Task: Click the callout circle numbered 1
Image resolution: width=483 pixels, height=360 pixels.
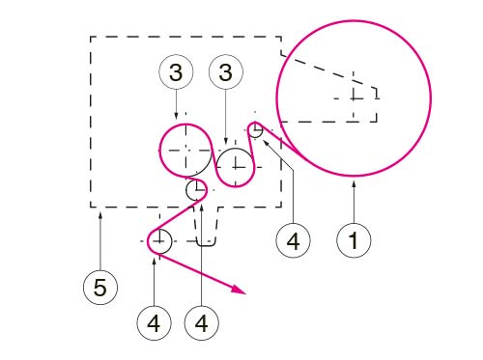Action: click(x=354, y=240)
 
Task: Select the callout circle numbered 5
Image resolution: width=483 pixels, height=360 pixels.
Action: click(x=100, y=288)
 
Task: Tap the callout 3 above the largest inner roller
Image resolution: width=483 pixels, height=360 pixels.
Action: click(x=176, y=72)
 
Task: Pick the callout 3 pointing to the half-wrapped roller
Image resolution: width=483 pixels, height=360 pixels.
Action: click(x=225, y=72)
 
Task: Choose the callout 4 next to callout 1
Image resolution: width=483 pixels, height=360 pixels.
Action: click(x=293, y=240)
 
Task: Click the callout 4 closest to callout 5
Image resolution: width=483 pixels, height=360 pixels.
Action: click(x=154, y=323)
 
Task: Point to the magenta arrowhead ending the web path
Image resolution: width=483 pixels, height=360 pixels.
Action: click(x=239, y=289)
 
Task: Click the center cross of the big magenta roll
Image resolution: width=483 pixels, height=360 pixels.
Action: click(x=354, y=98)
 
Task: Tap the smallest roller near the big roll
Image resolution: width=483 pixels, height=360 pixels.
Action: click(x=256, y=130)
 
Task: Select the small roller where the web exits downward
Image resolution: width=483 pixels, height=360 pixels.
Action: click(x=159, y=241)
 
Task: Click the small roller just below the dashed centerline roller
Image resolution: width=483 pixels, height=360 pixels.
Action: click(x=196, y=190)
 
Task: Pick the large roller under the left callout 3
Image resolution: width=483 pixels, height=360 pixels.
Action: click(x=185, y=151)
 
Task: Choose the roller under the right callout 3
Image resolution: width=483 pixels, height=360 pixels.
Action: click(x=236, y=167)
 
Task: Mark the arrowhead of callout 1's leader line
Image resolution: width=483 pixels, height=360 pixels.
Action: click(x=354, y=184)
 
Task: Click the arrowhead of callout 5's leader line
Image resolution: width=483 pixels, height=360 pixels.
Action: click(x=100, y=215)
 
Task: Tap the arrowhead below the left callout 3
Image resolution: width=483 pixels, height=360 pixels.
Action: click(x=176, y=116)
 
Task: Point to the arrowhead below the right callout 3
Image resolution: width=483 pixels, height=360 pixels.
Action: click(x=225, y=141)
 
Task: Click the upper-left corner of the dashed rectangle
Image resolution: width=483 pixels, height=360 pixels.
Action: click(x=91, y=37)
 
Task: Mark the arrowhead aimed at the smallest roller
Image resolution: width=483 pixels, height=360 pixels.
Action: click(x=267, y=142)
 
